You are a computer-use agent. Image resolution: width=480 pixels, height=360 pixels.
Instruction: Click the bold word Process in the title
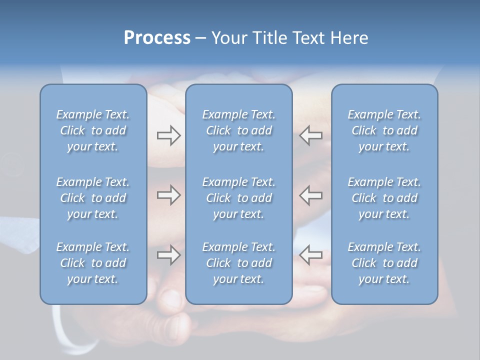pyautogui.click(x=157, y=38)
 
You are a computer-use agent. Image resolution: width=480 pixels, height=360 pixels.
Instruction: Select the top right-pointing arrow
pyautogui.click(x=168, y=135)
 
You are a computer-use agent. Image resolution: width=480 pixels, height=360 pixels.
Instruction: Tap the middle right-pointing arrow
pyautogui.click(x=168, y=195)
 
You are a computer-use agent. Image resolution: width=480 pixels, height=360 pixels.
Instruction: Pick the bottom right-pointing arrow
pyautogui.click(x=168, y=255)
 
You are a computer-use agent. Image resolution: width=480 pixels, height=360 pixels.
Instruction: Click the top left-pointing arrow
pyautogui.click(x=311, y=135)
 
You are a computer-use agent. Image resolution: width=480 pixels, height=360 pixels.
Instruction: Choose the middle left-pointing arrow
pyautogui.click(x=311, y=195)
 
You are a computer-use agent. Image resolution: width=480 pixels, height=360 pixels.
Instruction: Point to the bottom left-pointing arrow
pyautogui.click(x=311, y=255)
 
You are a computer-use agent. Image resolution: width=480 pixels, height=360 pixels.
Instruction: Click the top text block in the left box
pyautogui.click(x=93, y=130)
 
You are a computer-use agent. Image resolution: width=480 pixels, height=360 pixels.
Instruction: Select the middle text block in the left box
pyautogui.click(x=93, y=198)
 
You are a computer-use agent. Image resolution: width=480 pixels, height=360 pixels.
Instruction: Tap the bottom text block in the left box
pyautogui.click(x=93, y=263)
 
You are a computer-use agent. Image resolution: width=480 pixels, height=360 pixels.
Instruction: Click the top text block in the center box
pyautogui.click(x=238, y=130)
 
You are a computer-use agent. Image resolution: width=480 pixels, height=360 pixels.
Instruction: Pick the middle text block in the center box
pyautogui.click(x=238, y=198)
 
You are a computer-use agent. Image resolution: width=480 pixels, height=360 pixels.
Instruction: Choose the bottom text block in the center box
pyautogui.click(x=238, y=263)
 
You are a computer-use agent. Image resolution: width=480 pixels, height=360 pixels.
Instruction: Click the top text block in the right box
pyautogui.click(x=384, y=130)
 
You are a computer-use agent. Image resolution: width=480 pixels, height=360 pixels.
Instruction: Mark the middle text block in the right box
pyautogui.click(x=384, y=198)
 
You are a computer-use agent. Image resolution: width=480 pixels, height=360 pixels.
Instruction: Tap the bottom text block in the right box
pyautogui.click(x=384, y=263)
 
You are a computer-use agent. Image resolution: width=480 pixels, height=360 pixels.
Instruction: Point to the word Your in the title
pyautogui.click(x=228, y=38)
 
